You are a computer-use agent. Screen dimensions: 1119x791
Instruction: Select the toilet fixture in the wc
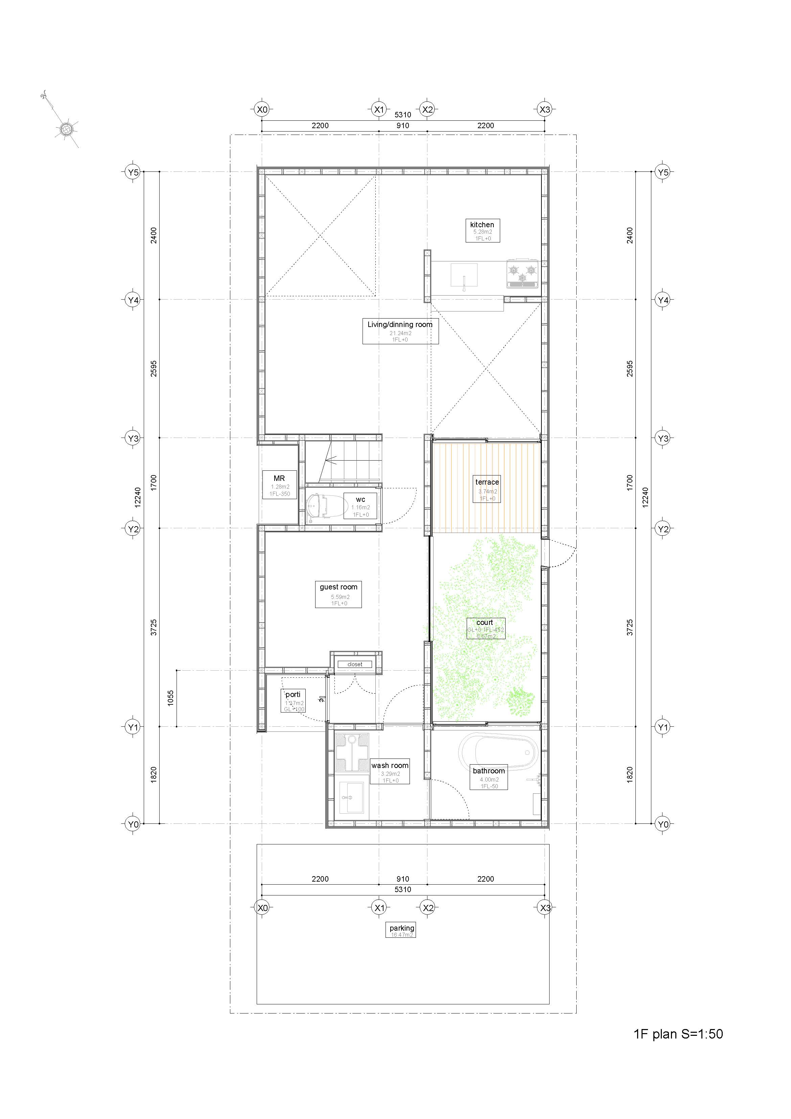point(320,507)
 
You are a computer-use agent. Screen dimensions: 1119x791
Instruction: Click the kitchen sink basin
point(464,275)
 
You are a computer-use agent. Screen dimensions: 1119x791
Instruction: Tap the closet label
point(355,664)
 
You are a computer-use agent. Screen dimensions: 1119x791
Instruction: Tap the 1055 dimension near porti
point(170,698)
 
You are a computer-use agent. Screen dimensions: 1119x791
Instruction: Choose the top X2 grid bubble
point(427,109)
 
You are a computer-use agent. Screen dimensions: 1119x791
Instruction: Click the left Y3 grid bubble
point(133,438)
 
